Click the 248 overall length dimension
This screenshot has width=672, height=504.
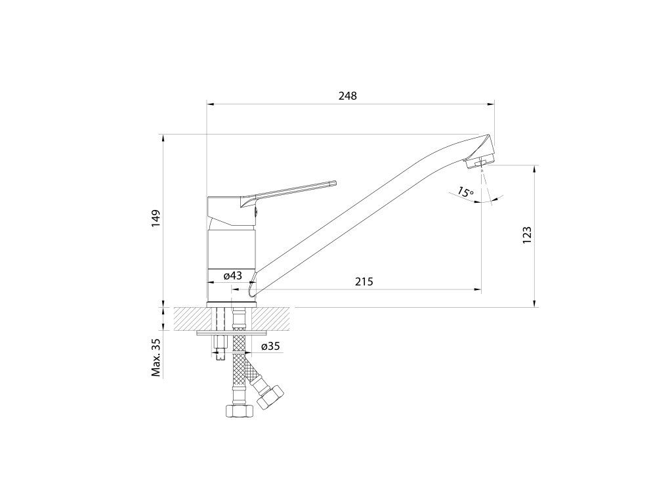[348, 96]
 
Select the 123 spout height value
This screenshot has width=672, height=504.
[527, 235]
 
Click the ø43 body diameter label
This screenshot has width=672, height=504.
[233, 276]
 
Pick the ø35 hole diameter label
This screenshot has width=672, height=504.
[271, 346]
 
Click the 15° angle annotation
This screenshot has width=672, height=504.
[465, 192]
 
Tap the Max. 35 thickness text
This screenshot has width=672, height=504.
[156, 357]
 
